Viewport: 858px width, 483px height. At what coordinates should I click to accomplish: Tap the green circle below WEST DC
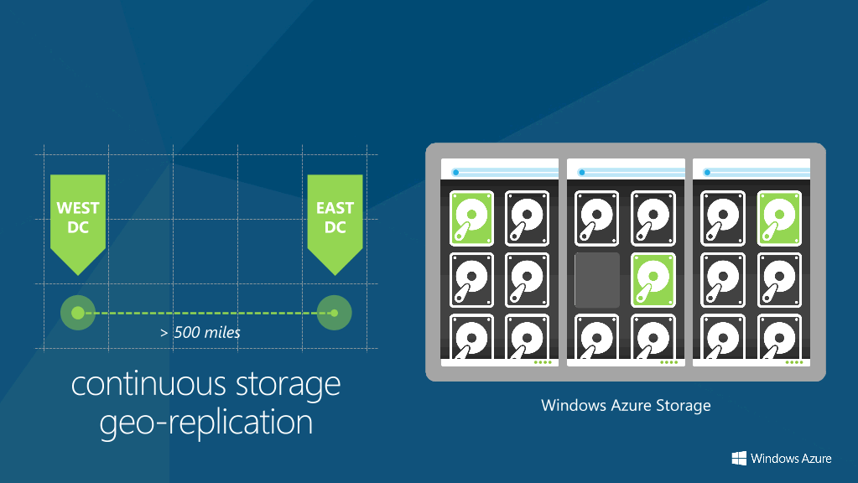tap(78, 313)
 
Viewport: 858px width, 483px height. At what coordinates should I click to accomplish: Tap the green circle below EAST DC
tap(335, 313)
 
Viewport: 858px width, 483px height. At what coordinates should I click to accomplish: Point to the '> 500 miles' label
tap(200, 333)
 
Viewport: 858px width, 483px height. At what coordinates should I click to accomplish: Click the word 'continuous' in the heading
tap(148, 384)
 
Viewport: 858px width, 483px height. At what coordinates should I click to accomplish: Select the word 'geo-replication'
tap(205, 423)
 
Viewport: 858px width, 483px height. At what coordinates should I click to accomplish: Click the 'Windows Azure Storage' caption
tap(626, 405)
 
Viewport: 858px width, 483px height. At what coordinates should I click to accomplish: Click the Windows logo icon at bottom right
tap(739, 459)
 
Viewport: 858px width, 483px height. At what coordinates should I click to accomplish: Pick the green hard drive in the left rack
tap(471, 218)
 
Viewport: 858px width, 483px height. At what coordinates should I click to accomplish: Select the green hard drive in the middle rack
tap(653, 280)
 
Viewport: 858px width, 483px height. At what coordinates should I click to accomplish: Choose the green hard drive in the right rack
tap(779, 218)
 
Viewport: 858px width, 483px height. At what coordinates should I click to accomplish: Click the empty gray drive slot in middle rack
tap(597, 280)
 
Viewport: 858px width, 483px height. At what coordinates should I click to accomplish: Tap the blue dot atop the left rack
tap(455, 172)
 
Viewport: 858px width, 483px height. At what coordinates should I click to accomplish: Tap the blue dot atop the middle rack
tap(582, 172)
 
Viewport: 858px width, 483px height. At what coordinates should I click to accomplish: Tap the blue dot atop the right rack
tap(707, 172)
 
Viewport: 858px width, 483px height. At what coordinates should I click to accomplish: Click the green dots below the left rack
tap(543, 362)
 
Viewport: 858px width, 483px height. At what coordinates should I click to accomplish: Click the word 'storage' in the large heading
tap(289, 386)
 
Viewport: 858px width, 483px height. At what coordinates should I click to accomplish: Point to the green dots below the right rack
tap(794, 362)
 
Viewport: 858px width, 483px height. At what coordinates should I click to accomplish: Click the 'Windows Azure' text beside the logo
tap(791, 459)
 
